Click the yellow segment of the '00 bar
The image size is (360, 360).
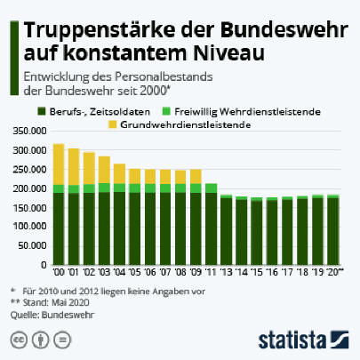[x=59, y=164]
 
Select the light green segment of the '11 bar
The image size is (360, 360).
[x=211, y=188]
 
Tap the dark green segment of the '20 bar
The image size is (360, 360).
[x=333, y=231]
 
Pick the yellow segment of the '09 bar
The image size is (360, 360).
[x=196, y=177]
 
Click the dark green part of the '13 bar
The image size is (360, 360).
[x=227, y=231]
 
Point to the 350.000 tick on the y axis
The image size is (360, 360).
[x=30, y=131]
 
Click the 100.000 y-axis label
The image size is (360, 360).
[x=30, y=227]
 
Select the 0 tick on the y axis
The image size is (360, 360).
[x=44, y=265]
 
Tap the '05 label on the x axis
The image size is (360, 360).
[x=135, y=272]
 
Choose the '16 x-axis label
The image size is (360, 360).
[x=272, y=272]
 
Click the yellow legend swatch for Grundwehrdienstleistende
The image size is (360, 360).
[x=113, y=124]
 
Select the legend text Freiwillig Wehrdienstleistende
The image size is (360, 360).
[x=247, y=112]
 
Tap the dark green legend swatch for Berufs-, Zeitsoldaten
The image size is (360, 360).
[x=42, y=112]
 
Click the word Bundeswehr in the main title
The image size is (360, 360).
[x=284, y=30]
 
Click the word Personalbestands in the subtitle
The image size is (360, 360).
[x=164, y=77]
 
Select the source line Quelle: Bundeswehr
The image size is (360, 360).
[x=52, y=315]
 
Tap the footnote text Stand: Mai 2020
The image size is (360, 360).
[x=56, y=302]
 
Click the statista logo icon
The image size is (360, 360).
[x=340, y=340]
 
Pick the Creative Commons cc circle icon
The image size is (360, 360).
[x=19, y=340]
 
